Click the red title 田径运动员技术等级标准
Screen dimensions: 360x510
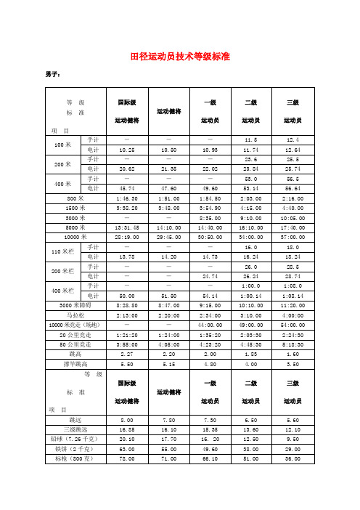(179, 55)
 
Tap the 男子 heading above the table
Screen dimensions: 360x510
(52, 74)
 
